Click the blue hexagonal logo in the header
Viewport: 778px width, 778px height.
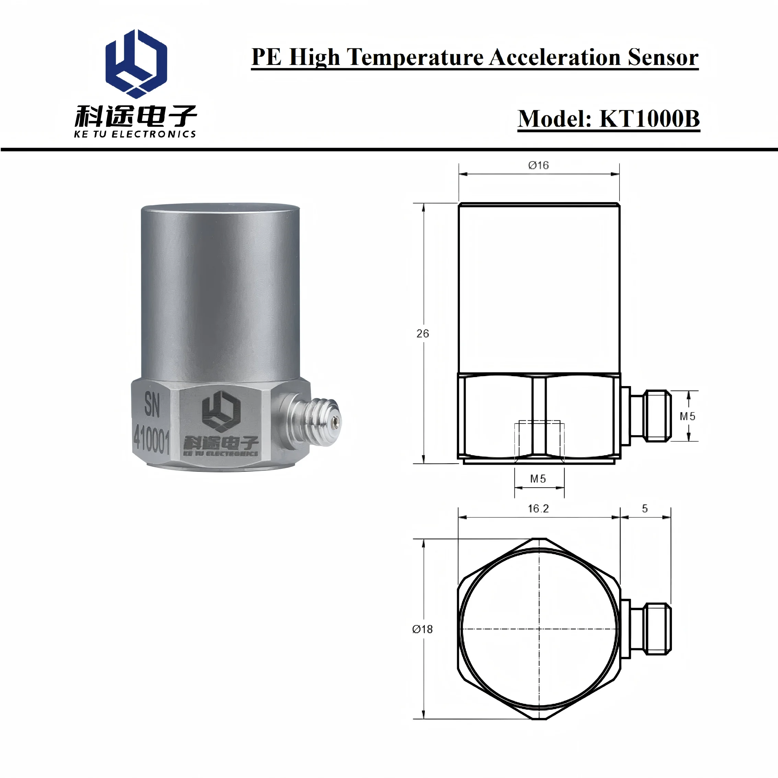[x=136, y=63]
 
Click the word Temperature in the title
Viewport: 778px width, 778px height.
[x=415, y=58]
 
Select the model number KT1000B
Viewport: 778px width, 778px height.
[x=650, y=119]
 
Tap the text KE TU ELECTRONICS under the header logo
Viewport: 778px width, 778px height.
[x=135, y=134]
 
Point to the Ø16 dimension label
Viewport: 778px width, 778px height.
[x=538, y=165]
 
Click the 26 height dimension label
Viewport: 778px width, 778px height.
[x=422, y=334]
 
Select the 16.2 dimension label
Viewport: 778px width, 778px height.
[x=538, y=509]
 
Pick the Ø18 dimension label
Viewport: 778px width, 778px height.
[x=422, y=629]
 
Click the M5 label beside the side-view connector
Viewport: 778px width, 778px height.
[x=687, y=416]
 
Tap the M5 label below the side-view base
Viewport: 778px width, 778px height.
[x=538, y=479]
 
